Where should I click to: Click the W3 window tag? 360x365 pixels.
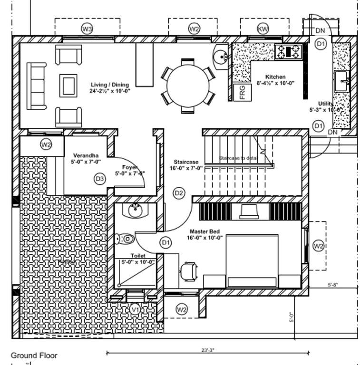click(87, 29)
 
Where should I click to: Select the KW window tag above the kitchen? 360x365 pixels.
click(263, 29)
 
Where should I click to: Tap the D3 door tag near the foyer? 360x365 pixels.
click(99, 179)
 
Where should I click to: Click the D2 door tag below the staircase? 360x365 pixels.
click(179, 193)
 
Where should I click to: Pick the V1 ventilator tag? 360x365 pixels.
click(136, 309)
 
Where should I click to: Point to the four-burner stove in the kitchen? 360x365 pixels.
click(289, 51)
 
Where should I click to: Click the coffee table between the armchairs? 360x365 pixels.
click(67, 85)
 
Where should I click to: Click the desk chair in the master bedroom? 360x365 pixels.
click(189, 270)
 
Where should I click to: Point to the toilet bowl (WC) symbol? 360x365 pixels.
click(126, 239)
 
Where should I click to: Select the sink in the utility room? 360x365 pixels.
click(341, 82)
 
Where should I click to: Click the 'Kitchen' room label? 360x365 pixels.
click(275, 77)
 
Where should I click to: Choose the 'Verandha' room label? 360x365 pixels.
click(86, 155)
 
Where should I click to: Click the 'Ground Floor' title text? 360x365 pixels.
click(34, 355)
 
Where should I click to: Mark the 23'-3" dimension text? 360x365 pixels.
click(207, 350)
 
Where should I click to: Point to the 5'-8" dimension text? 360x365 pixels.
click(332, 285)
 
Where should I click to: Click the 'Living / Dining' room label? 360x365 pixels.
click(110, 85)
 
